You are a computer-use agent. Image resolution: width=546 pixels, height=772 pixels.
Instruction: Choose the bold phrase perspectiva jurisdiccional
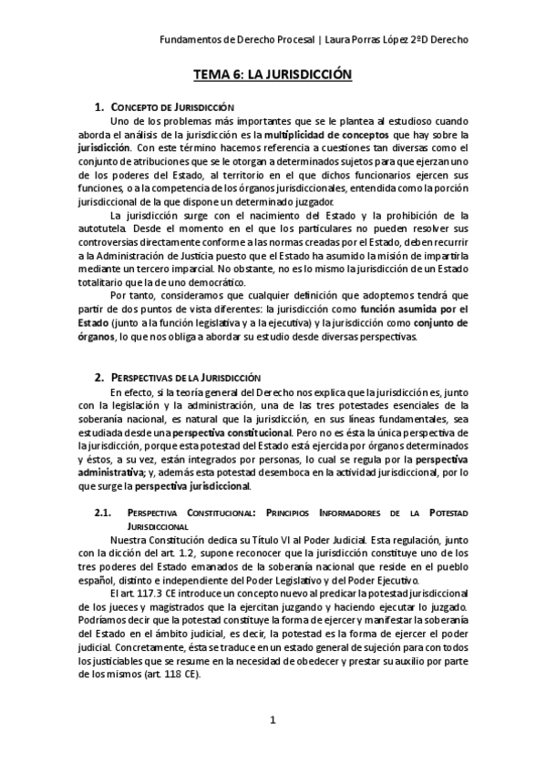(x=199, y=486)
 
